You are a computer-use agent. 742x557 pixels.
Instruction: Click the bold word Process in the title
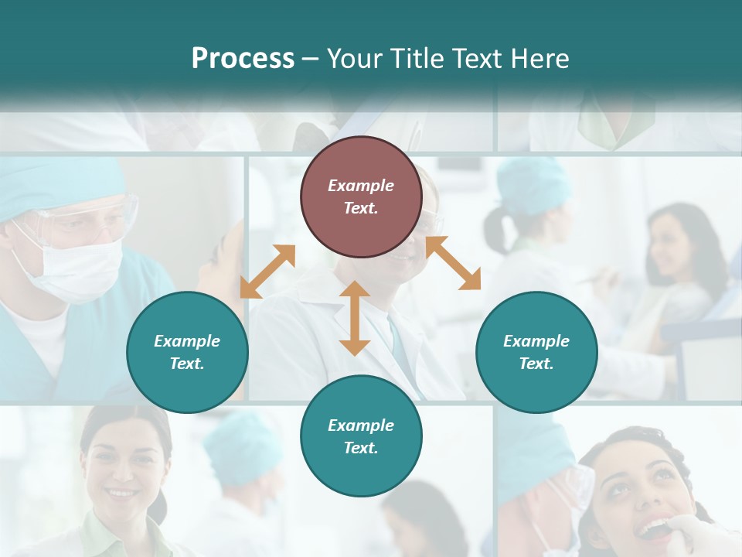pyautogui.click(x=243, y=58)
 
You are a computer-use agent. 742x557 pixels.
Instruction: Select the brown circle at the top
pyautogui.click(x=361, y=197)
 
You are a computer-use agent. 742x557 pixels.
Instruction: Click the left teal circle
pyautogui.click(x=187, y=352)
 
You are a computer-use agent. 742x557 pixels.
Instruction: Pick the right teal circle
pyautogui.click(x=536, y=352)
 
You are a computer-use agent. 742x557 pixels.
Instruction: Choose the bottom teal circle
pyautogui.click(x=361, y=436)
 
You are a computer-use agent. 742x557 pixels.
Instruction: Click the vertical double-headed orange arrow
pyautogui.click(x=355, y=318)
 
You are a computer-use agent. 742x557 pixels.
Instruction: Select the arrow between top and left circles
pyautogui.click(x=267, y=272)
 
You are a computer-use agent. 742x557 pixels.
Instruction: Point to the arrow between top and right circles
pyautogui.click(x=454, y=263)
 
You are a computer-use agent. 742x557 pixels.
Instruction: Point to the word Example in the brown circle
pyautogui.click(x=361, y=186)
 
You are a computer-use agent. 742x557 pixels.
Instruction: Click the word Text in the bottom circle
pyautogui.click(x=359, y=448)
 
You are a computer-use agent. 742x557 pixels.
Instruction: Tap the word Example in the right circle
pyautogui.click(x=536, y=341)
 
